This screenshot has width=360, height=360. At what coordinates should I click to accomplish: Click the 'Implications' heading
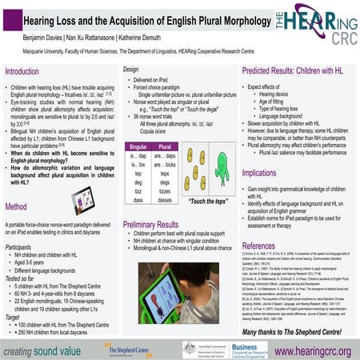point(270,173)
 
